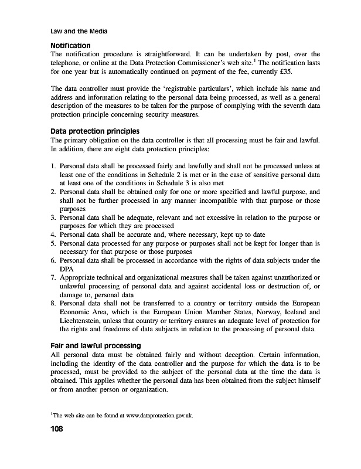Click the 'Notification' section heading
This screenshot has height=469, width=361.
pos(71,45)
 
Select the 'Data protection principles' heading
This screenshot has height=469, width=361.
pos(95,131)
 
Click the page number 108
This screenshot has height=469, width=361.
pos(60,429)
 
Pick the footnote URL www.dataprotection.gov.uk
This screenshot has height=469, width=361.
pos(157,417)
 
